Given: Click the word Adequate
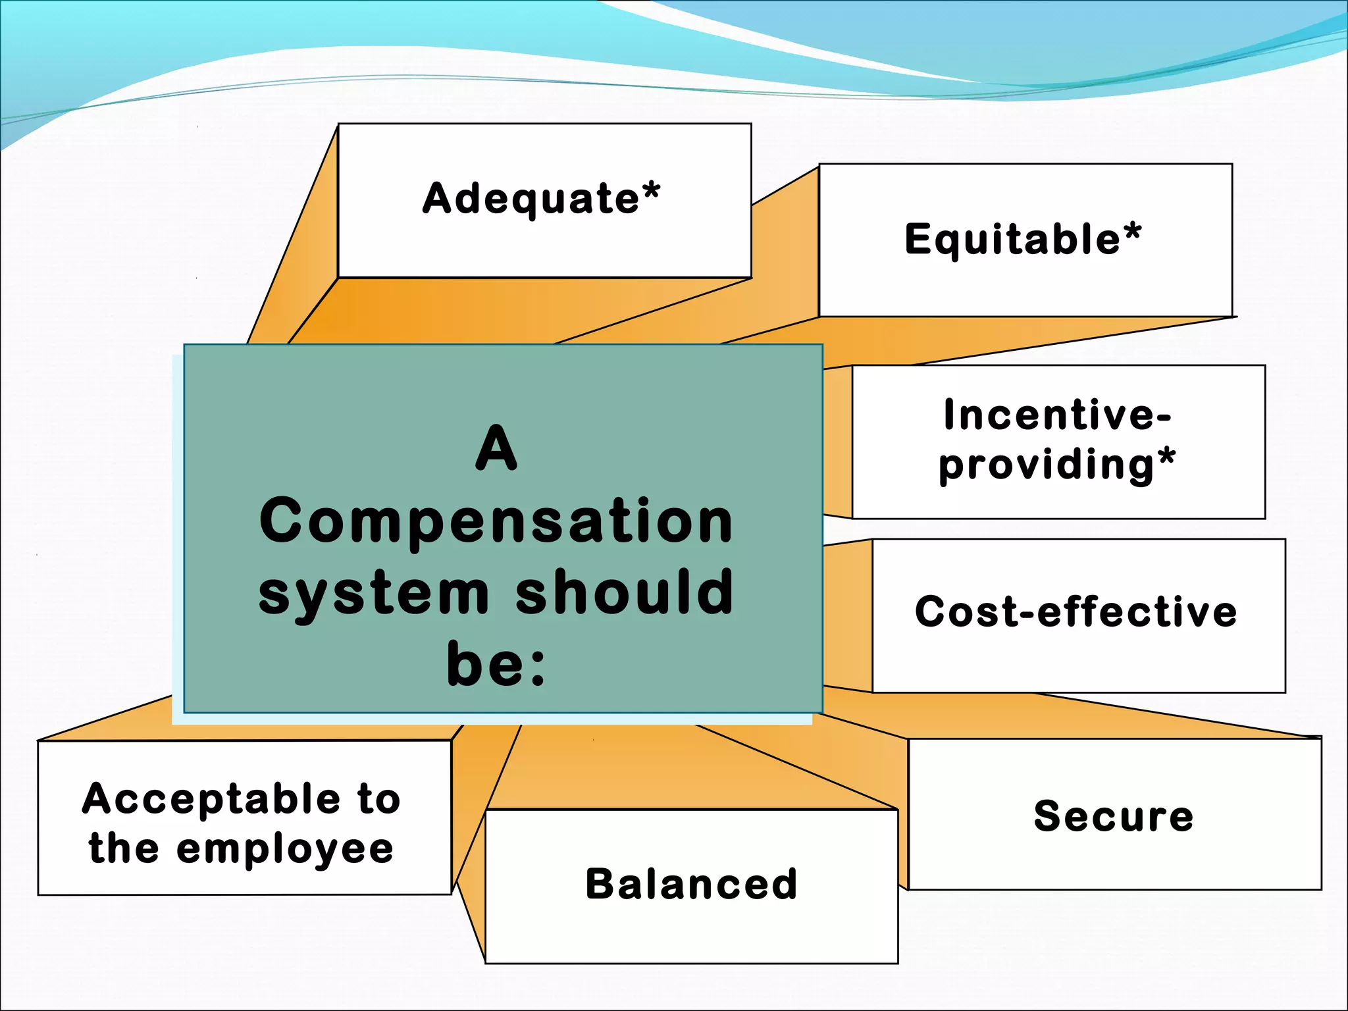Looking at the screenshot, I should tap(531, 199).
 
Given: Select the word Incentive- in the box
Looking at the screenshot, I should tap(1057, 415).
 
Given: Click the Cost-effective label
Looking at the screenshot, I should tap(1076, 611).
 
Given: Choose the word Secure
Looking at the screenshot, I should tap(1114, 816).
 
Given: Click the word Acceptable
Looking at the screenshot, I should tap(211, 799).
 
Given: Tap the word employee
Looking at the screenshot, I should tap(285, 850).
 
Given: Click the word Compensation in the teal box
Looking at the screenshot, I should tap(496, 521).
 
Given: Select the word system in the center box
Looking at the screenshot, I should tap(374, 594).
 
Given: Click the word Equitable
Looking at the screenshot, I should tap(1012, 239).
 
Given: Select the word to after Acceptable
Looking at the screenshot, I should tap(378, 799).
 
